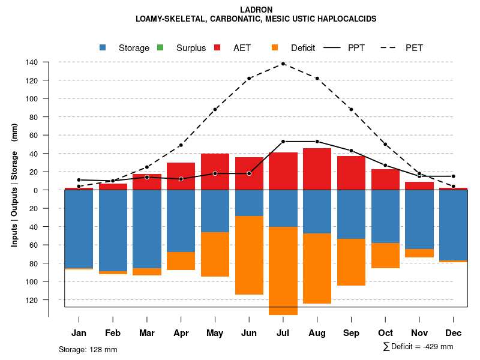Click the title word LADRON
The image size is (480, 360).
(x=256, y=10)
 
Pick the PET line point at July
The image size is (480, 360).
(x=283, y=64)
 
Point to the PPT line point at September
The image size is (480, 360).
(x=351, y=151)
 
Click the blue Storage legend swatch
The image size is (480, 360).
(x=104, y=48)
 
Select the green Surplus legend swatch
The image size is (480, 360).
(x=161, y=48)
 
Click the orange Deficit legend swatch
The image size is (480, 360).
(x=275, y=48)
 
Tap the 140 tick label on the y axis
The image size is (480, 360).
(x=32, y=62)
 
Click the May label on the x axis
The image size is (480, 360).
(x=215, y=333)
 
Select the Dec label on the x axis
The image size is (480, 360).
(x=454, y=333)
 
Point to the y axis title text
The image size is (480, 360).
(x=14, y=185)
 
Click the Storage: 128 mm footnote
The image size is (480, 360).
(x=88, y=349)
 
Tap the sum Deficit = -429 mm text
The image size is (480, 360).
(x=418, y=347)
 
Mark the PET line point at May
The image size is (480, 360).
(x=215, y=109)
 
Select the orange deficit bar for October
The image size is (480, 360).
(x=385, y=256)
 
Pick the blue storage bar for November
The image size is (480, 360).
(x=419, y=219)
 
